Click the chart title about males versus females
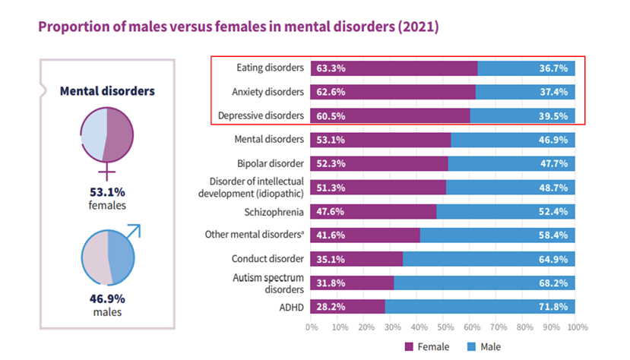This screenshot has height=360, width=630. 238,27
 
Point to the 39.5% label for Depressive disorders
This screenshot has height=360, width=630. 553,115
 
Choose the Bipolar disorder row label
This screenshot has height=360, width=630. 271,163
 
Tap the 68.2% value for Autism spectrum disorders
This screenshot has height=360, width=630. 553,283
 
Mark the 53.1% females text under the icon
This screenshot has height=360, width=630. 107,198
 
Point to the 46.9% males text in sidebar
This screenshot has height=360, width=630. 107,305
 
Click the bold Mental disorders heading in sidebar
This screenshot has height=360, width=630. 107,91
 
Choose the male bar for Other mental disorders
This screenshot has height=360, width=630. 497,235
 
